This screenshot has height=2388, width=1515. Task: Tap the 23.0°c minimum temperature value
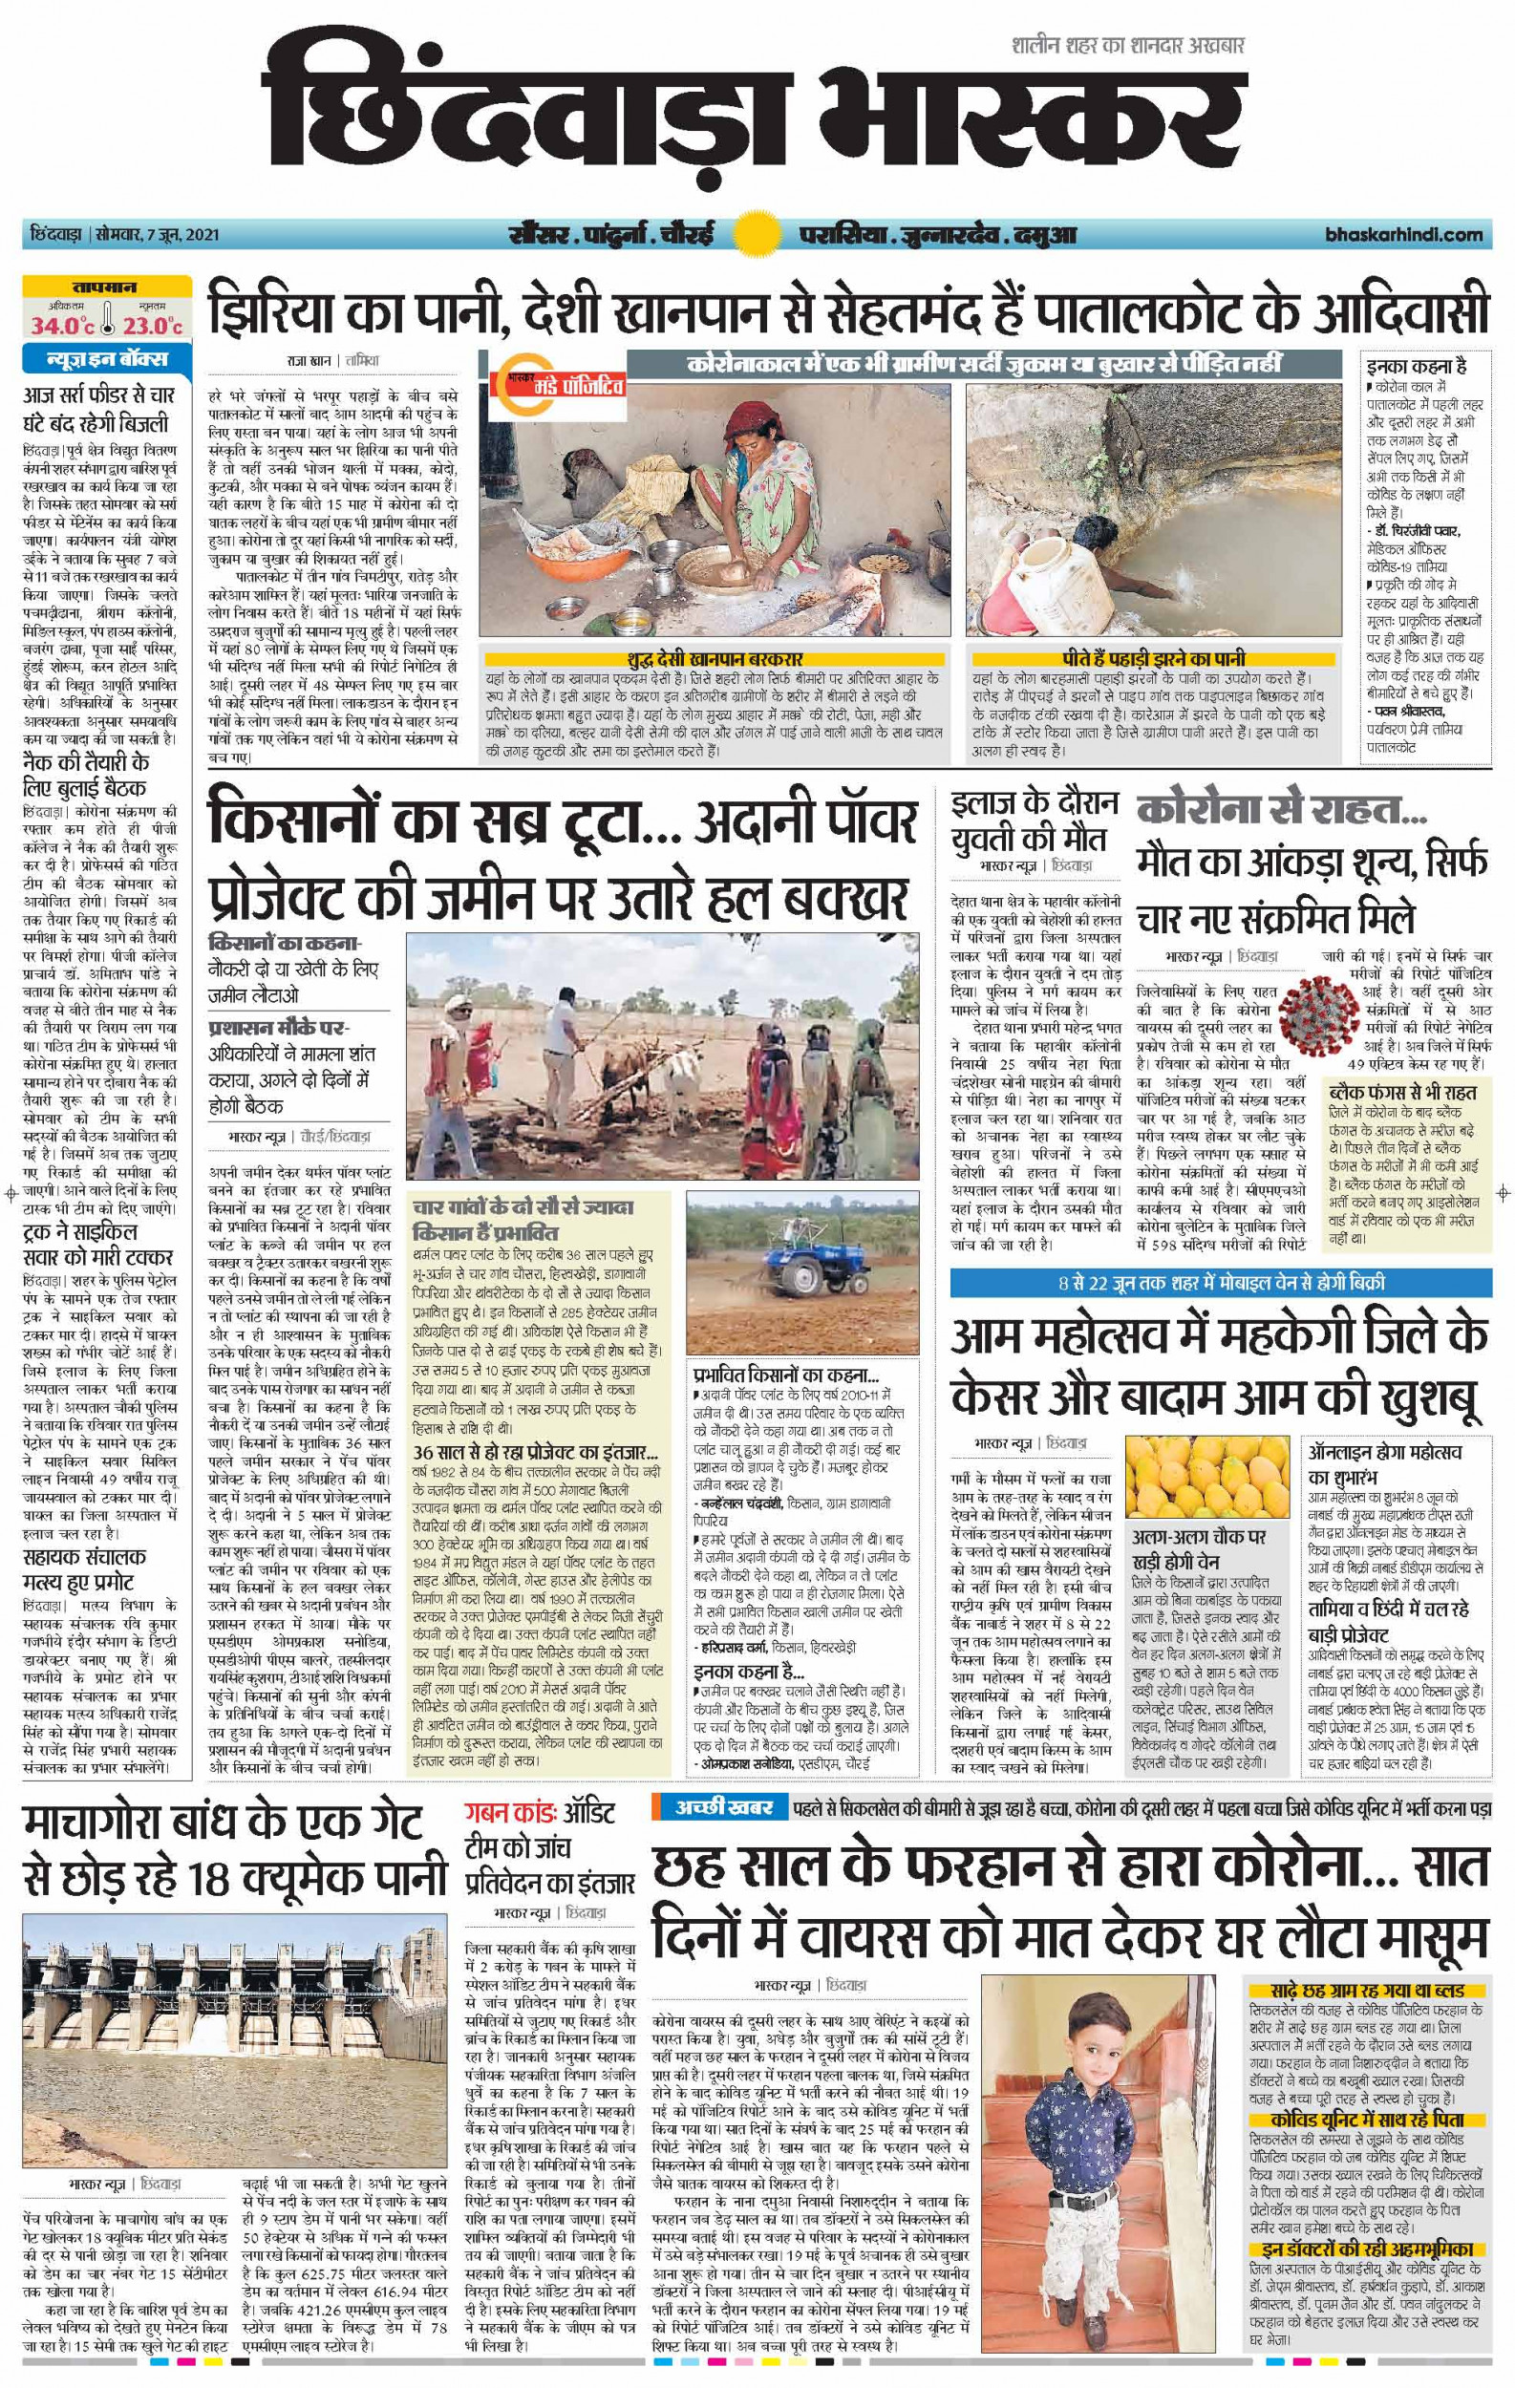click(x=156, y=326)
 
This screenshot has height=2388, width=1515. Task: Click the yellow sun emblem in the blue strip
click(x=757, y=236)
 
